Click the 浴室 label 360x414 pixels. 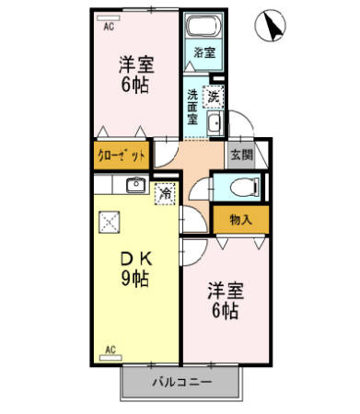(x=204, y=52)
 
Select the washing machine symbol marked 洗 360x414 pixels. (x=214, y=94)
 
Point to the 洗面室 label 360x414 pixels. (x=193, y=106)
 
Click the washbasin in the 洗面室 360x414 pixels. (x=214, y=123)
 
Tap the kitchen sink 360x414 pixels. (x=134, y=185)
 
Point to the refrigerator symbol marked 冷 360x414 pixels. (x=165, y=195)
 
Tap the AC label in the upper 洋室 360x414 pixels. (x=108, y=27)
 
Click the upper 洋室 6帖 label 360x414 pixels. (x=135, y=75)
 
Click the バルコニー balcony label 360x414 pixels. (x=180, y=382)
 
